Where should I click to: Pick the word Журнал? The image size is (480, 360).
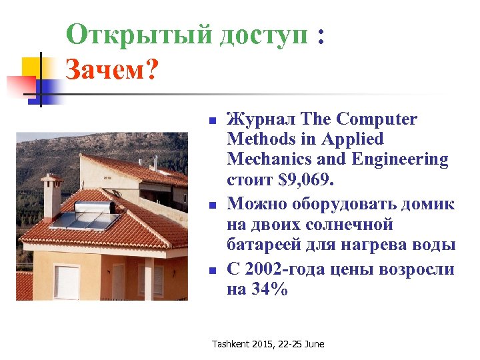click(x=261, y=119)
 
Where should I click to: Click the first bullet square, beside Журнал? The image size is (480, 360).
click(x=211, y=121)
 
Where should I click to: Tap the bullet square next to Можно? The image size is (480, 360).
click(x=211, y=205)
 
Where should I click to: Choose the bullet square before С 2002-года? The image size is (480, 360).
click(x=211, y=271)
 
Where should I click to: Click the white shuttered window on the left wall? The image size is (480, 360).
click(x=67, y=282)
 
